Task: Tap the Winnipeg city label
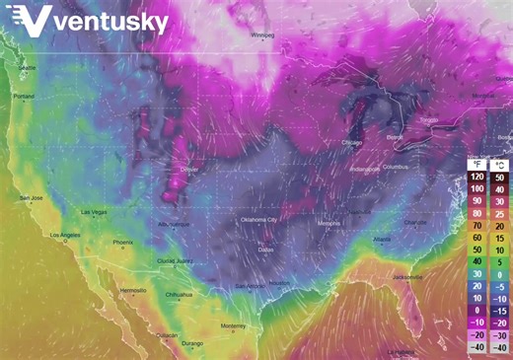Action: click(x=261, y=35)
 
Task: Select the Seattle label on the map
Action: click(x=27, y=67)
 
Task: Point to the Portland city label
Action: click(x=24, y=96)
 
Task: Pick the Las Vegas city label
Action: click(x=93, y=212)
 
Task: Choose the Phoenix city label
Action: click(x=122, y=243)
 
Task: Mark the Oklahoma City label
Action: click(x=259, y=219)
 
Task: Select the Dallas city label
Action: click(x=266, y=250)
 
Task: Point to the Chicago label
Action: click(x=352, y=143)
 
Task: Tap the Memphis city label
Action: click(x=330, y=224)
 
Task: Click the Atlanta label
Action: click(x=382, y=240)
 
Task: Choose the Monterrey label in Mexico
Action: click(x=233, y=325)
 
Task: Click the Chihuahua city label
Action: click(x=180, y=294)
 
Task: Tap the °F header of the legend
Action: click(x=476, y=163)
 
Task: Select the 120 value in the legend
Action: click(x=476, y=176)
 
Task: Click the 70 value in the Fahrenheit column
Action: click(x=476, y=225)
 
